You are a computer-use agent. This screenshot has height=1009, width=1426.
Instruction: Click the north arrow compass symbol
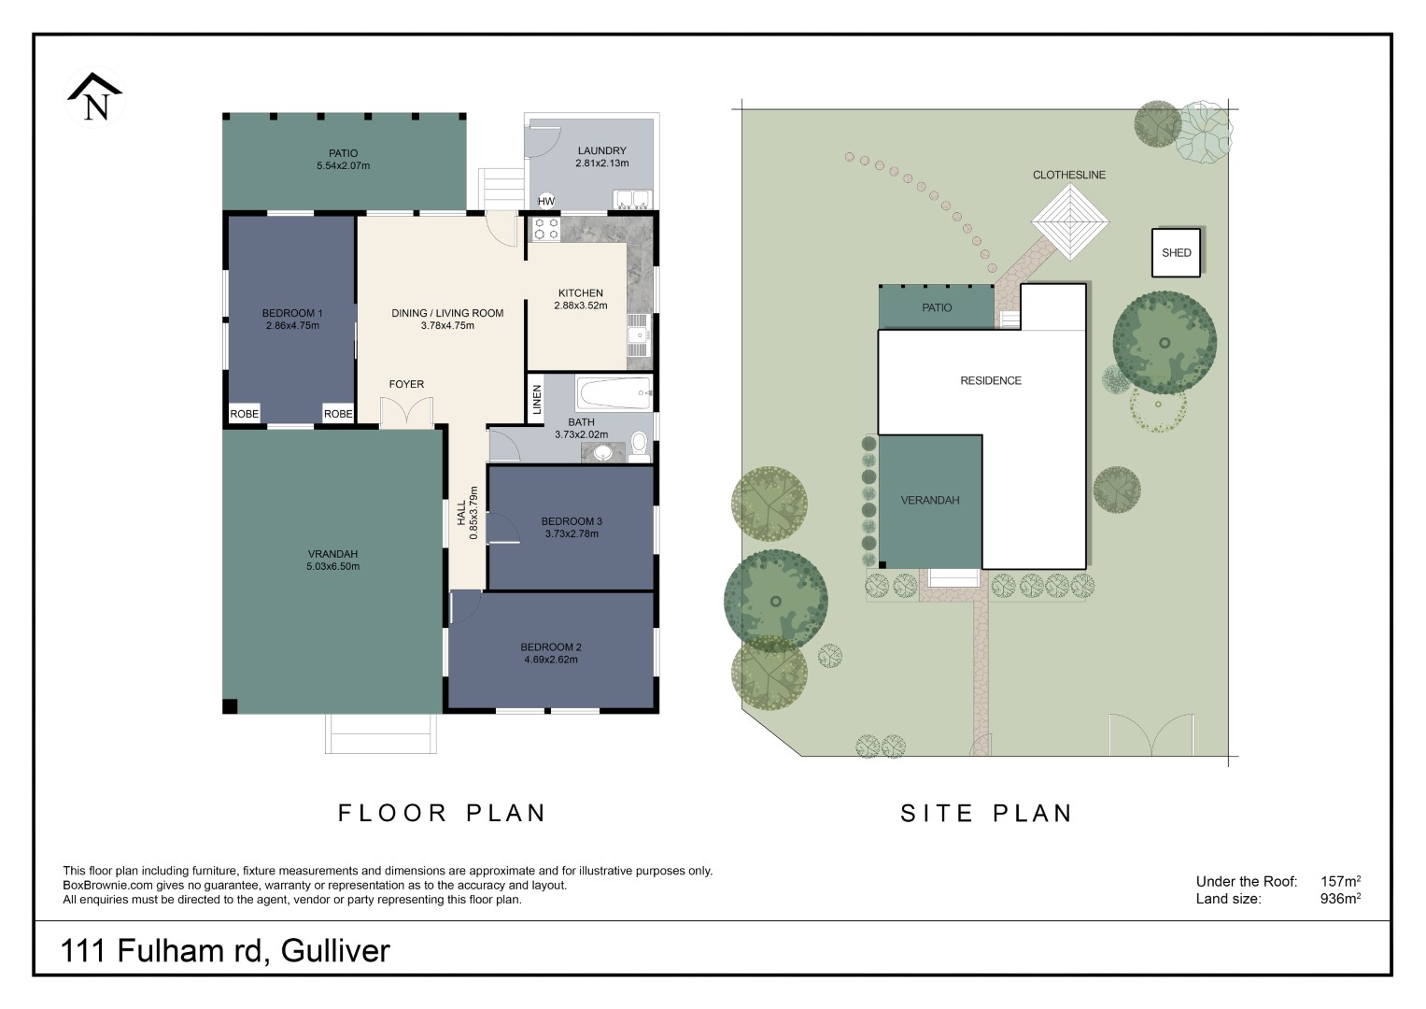[95, 97]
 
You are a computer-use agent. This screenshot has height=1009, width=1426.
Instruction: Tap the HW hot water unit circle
[546, 201]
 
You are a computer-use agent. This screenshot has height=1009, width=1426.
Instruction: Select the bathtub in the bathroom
[614, 393]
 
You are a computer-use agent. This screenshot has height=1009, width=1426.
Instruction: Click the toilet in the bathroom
[639, 446]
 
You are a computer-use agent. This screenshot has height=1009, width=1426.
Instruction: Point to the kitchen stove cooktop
[545, 229]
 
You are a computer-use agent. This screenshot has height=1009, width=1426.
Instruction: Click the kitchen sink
[638, 335]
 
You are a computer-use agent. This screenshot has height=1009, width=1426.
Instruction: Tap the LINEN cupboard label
[537, 400]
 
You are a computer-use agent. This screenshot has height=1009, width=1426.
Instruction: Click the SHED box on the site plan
[1176, 253]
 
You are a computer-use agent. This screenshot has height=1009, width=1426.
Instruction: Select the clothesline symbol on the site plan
[1070, 222]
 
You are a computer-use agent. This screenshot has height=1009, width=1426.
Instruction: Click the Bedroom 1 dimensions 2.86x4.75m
[292, 325]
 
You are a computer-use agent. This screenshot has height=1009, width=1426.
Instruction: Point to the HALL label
[461, 513]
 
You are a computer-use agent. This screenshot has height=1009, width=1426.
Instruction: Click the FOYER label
[406, 384]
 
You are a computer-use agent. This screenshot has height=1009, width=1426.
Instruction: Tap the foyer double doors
[407, 412]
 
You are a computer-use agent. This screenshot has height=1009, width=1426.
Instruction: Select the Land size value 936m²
[1340, 898]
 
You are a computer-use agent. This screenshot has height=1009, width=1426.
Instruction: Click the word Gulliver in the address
[335, 950]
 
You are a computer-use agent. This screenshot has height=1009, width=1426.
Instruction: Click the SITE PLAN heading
[987, 814]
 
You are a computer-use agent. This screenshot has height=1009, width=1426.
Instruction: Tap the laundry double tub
[631, 199]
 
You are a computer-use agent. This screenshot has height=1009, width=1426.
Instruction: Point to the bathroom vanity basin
[601, 453]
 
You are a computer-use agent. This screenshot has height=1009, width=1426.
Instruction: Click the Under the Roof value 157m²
[1340, 881]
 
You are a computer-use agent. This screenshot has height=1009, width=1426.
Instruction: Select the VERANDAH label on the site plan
[929, 500]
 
